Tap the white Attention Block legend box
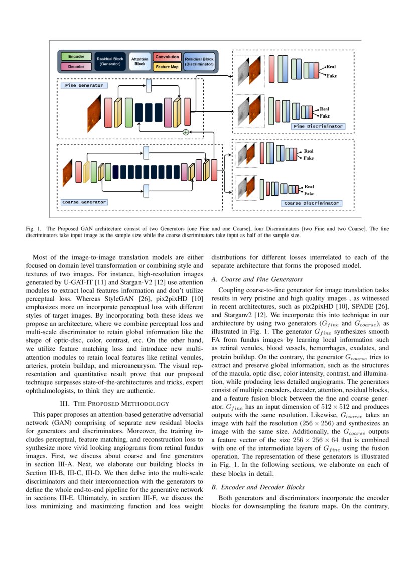140,62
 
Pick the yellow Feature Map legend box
167,66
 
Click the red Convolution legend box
167,57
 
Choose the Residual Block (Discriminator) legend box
199,62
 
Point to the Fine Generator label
84,85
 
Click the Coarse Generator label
84,202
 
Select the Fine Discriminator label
318,126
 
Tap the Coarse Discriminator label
312,203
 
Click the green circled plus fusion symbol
185,132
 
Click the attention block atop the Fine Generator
149,86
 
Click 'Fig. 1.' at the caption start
34,229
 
